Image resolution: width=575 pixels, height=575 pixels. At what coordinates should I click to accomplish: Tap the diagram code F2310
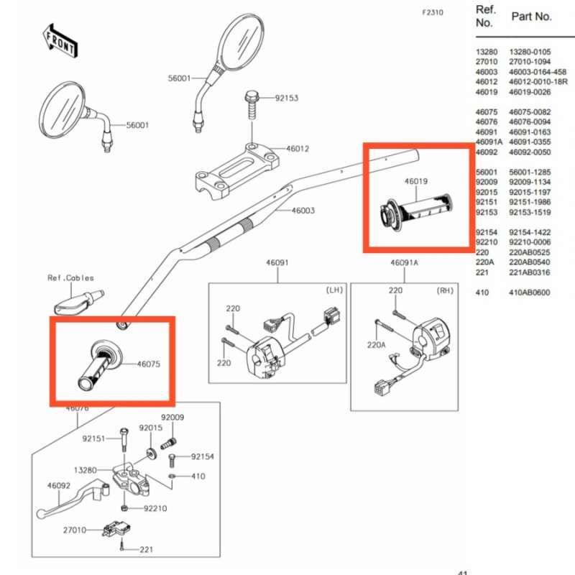(x=434, y=13)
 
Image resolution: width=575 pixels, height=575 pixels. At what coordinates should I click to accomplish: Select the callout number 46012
(x=298, y=149)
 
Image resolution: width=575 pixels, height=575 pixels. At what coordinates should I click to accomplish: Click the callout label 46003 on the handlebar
(x=303, y=211)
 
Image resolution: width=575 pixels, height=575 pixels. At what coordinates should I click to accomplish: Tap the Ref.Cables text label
(x=70, y=278)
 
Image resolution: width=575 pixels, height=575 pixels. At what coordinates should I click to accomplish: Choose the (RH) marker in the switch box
(x=446, y=290)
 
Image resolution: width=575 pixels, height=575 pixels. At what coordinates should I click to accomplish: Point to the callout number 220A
(x=376, y=345)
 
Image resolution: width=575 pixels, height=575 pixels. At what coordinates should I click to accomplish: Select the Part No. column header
(x=531, y=16)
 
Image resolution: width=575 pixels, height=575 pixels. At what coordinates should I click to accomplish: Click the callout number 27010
(x=74, y=530)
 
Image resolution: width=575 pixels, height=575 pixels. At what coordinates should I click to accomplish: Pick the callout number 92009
(x=172, y=418)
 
